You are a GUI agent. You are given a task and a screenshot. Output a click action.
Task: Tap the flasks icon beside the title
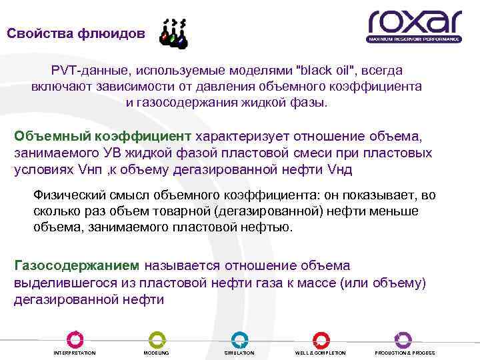174,34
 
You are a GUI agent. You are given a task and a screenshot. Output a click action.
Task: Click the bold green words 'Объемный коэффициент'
103,136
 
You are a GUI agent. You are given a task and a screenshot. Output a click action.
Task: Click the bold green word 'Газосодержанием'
77,265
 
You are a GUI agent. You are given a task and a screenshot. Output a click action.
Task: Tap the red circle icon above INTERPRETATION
75,339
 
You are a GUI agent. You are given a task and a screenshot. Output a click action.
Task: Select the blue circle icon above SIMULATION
239,339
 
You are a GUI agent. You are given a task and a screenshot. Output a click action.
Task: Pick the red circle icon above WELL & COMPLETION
321,339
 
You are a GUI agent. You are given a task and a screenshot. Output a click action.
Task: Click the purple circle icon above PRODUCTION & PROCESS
403,339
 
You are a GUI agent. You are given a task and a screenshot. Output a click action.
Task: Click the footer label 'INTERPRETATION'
75,353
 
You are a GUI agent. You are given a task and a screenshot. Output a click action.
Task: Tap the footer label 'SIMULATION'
239,353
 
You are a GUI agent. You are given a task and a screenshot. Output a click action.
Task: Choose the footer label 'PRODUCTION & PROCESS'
405,353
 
